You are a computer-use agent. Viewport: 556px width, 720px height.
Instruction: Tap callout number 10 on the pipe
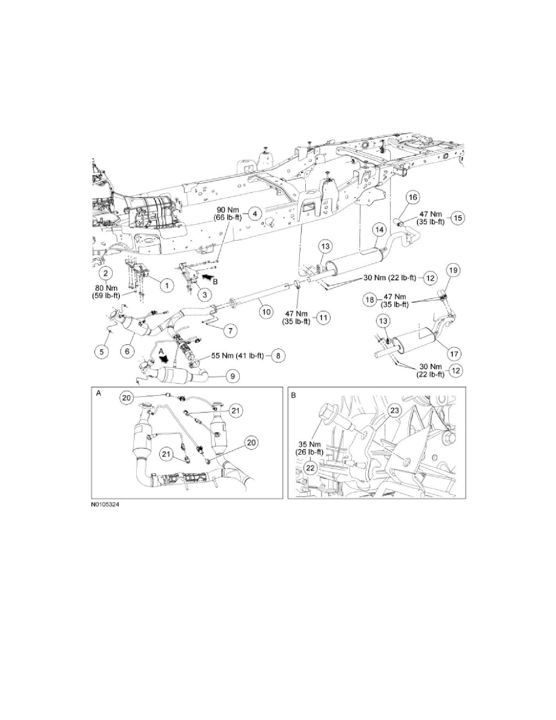tap(264, 312)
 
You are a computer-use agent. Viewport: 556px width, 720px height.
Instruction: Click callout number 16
tap(412, 198)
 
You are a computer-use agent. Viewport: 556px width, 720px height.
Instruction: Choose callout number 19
tap(452, 270)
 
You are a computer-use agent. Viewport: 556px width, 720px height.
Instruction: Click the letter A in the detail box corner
tap(99, 393)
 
